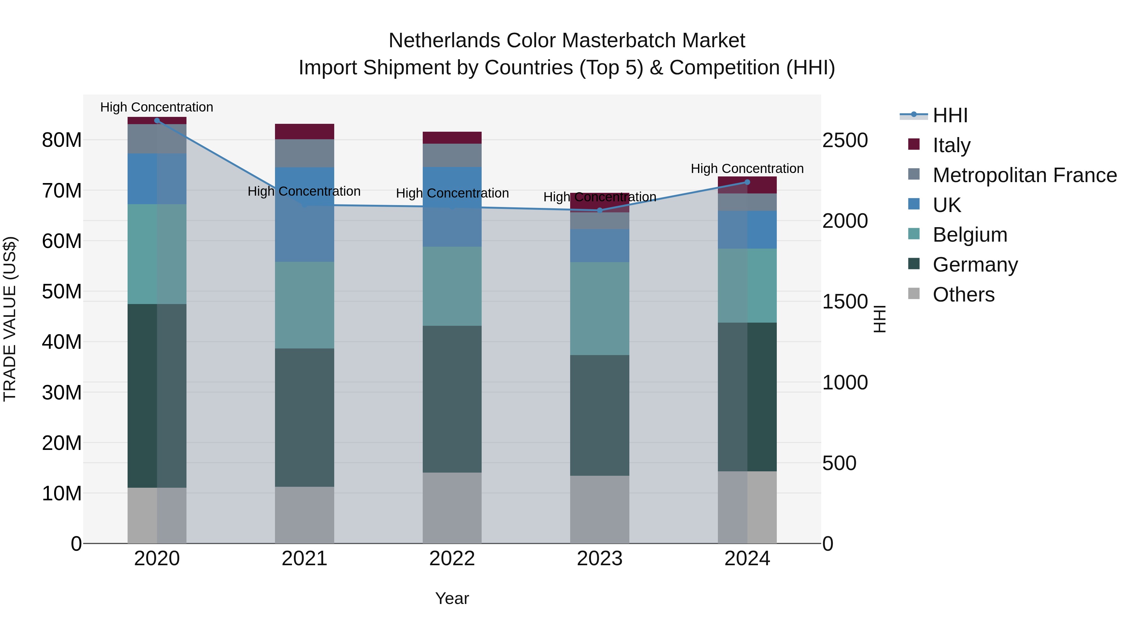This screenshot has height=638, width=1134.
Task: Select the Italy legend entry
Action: point(951,145)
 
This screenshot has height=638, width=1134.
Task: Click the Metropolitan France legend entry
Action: point(1024,175)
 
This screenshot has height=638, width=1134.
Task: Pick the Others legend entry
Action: point(963,295)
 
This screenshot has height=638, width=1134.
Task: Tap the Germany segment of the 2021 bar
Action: point(304,417)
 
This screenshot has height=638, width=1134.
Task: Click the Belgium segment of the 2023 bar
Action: point(599,309)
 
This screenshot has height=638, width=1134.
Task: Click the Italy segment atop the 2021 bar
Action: point(304,131)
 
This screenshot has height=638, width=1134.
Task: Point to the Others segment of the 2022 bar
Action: point(452,508)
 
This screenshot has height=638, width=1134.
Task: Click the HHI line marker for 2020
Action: point(157,121)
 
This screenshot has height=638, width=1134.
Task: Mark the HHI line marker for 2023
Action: point(599,210)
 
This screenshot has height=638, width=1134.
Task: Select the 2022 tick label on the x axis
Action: point(452,559)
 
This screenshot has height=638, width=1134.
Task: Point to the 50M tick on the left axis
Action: point(62,291)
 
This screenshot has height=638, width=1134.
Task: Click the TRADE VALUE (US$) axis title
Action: point(10,319)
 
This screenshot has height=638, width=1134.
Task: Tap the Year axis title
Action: point(452,598)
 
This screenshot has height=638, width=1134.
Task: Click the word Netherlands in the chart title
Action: point(444,41)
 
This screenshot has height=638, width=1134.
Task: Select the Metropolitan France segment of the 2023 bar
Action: point(599,221)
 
